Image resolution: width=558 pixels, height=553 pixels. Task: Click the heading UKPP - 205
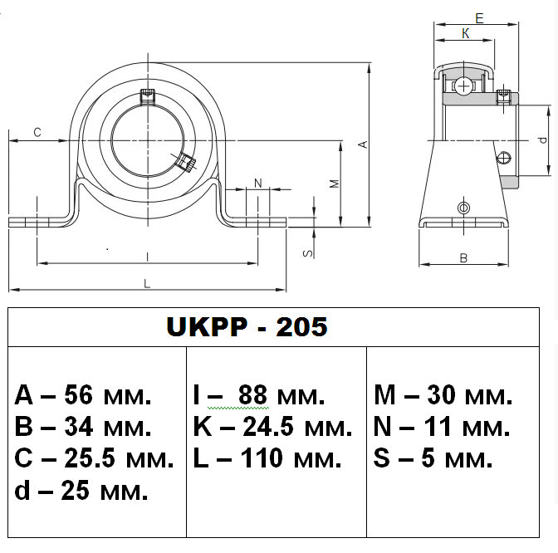click(247, 327)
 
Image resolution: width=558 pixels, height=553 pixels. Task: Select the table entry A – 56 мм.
click(83, 395)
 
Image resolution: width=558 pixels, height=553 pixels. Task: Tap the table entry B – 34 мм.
click(83, 428)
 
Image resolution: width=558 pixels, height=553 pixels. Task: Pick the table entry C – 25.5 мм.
click(94, 458)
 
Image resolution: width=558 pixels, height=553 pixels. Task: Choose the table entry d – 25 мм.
click(81, 490)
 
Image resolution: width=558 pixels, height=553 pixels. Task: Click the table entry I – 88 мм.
click(258, 395)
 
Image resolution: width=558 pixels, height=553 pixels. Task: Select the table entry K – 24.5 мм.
click(272, 428)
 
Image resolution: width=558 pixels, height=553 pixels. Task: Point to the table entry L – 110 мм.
click(267, 458)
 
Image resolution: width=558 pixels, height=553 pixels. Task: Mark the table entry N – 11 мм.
click(440, 428)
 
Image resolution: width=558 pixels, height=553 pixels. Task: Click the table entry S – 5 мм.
click(433, 458)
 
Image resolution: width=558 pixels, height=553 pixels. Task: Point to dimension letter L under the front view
click(147, 284)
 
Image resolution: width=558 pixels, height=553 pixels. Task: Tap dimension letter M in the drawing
click(334, 184)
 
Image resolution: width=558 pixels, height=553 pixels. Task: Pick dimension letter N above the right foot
click(257, 183)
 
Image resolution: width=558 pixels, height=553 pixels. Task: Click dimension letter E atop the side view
click(479, 17)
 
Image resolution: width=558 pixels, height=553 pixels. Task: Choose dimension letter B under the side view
click(463, 258)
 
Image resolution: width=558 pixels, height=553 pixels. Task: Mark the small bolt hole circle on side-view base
click(463, 207)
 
